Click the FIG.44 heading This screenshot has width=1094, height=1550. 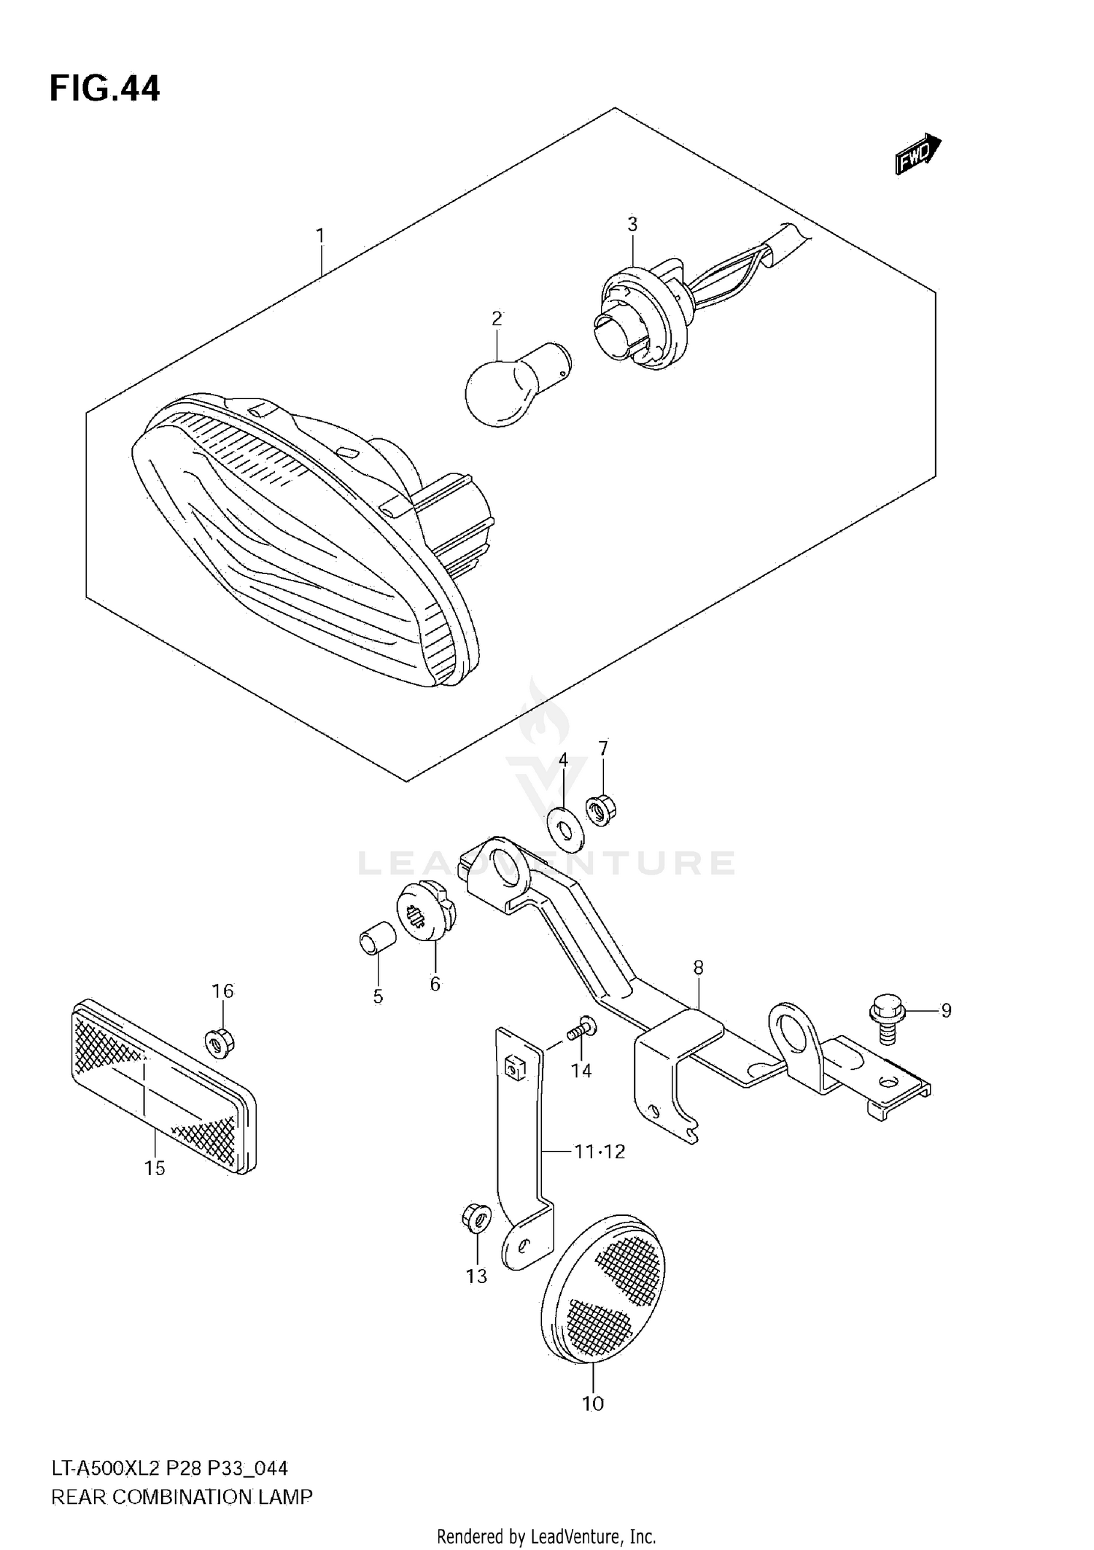(104, 88)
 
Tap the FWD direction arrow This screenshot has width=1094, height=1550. (918, 154)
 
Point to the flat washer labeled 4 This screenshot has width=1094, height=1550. (565, 829)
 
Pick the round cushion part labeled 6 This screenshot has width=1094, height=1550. (426, 912)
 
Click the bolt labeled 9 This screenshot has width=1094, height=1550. (887, 1018)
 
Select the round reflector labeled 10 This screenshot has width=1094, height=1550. (604, 1287)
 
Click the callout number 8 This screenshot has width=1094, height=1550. (698, 968)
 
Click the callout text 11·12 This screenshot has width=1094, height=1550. (599, 1152)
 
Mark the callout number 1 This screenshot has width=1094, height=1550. (319, 236)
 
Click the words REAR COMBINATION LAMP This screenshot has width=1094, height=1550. (182, 1497)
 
